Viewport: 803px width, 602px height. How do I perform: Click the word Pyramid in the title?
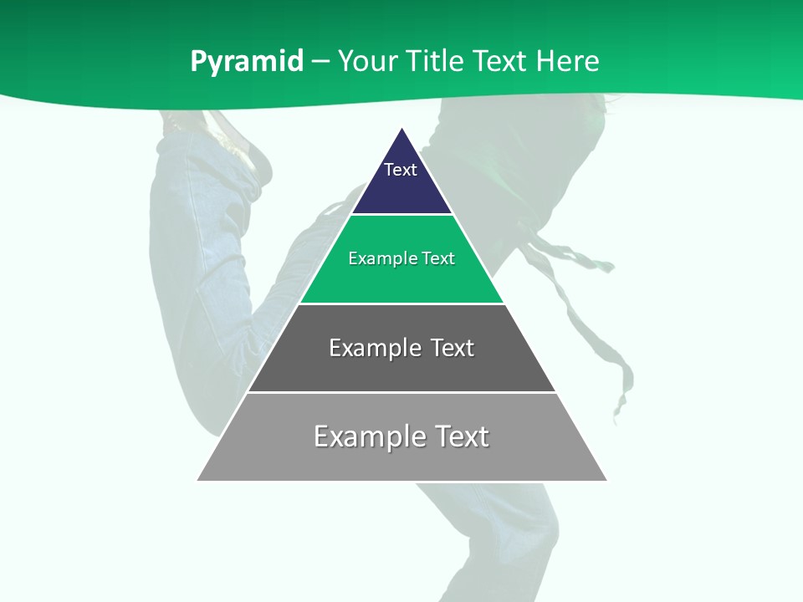point(246,62)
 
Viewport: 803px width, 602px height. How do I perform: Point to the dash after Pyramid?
point(320,62)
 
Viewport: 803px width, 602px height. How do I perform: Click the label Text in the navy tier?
point(401,170)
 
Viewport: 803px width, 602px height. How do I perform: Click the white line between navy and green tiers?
point(401,215)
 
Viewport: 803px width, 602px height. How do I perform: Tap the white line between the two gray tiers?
point(401,392)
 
